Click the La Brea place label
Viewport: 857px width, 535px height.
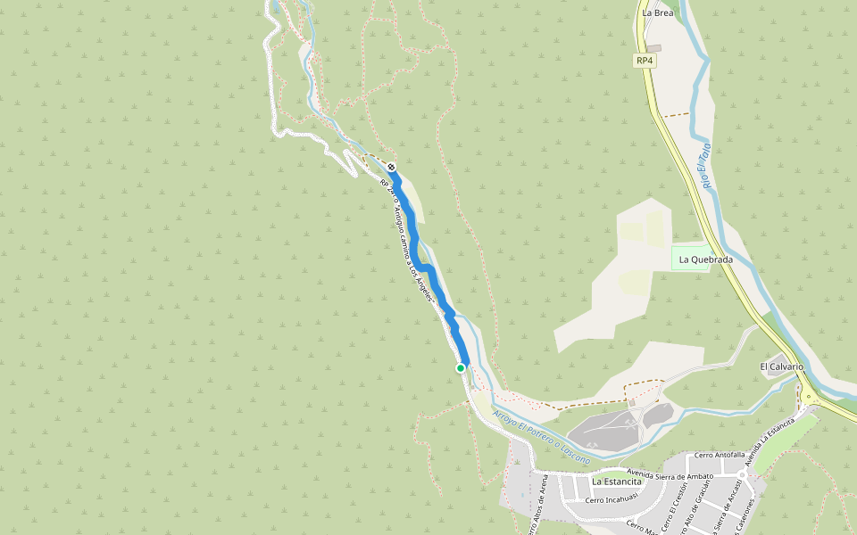tap(657, 13)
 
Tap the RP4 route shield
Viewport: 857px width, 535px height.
tap(645, 61)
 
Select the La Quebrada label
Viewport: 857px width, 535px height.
tap(705, 259)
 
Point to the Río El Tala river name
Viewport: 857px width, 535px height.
tap(704, 165)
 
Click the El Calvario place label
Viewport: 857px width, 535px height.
tap(781, 366)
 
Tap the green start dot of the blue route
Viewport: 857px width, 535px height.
tap(461, 368)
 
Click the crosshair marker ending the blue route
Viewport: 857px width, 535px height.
tap(391, 167)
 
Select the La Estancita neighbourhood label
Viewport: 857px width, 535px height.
tap(617, 481)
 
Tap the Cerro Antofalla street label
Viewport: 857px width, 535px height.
tap(719, 455)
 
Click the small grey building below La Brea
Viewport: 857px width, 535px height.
tap(654, 47)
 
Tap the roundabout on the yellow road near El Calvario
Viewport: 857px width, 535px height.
tap(807, 398)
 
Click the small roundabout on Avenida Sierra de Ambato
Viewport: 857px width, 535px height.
tap(742, 475)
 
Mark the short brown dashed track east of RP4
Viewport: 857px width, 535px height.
tap(676, 115)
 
